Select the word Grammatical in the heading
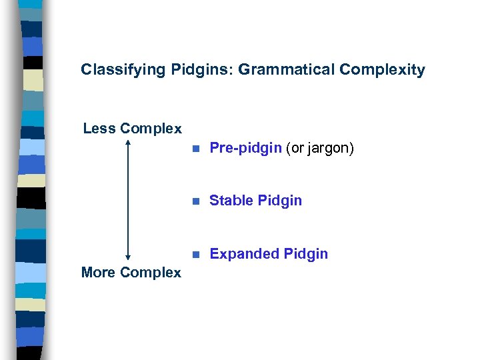(273, 69)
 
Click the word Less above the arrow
(99, 129)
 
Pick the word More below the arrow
(98, 272)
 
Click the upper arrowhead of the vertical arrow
(127, 142)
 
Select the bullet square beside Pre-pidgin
(195, 149)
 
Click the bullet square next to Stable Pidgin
(195, 201)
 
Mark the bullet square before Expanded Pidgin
(195, 254)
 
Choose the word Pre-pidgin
(245, 148)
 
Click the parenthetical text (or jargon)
(320, 148)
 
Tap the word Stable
(231, 201)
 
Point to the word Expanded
(244, 254)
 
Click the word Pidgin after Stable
(279, 201)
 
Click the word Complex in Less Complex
(151, 129)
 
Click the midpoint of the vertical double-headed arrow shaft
(127, 199)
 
